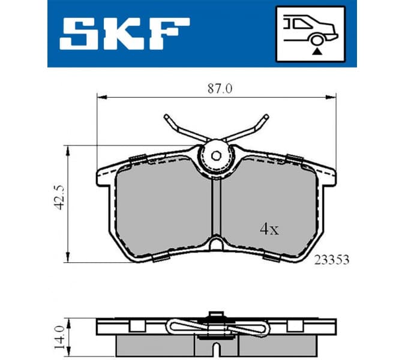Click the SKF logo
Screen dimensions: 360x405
click(124, 33)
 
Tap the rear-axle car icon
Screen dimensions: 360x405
click(310, 34)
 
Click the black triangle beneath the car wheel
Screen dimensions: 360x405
click(316, 52)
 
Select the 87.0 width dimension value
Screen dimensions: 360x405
click(220, 88)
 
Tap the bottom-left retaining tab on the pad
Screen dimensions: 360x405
click(160, 259)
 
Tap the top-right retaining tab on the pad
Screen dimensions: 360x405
click(293, 158)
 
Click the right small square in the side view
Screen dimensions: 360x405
click(293, 326)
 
